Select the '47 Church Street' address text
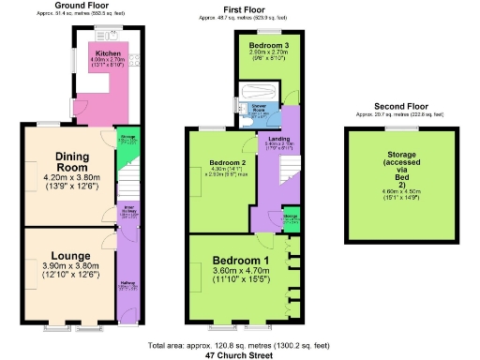coord(241,355)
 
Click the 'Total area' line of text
coord(241,346)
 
